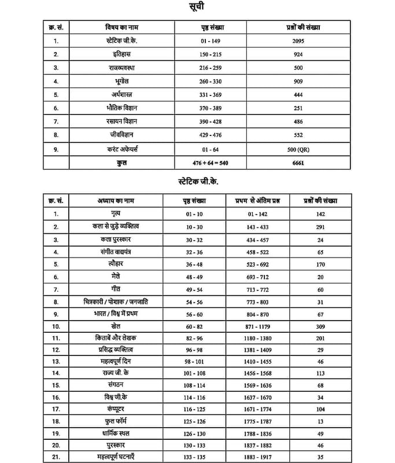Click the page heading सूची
tap(196, 8)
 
